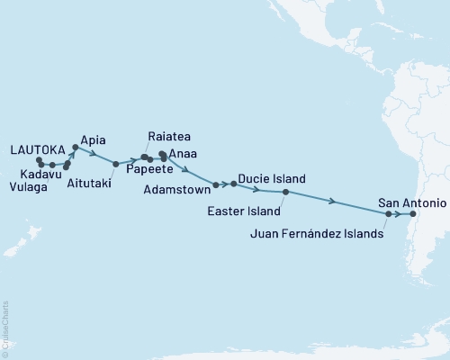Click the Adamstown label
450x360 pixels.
(x=177, y=192)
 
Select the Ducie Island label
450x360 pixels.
(x=272, y=179)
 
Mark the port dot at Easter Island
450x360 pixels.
(x=285, y=193)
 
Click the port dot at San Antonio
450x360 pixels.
(x=413, y=214)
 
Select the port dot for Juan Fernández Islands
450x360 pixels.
(x=389, y=214)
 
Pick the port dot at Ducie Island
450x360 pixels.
(x=233, y=184)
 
